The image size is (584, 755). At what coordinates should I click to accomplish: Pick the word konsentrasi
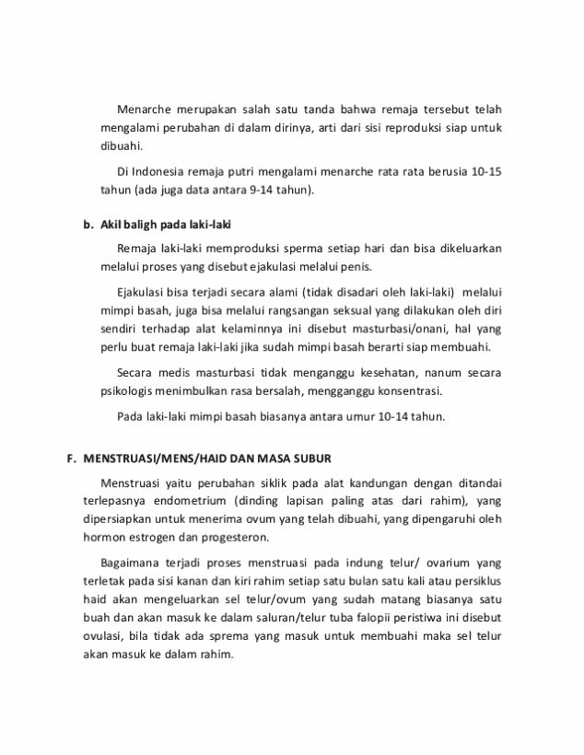pyautogui.click(x=407, y=390)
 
